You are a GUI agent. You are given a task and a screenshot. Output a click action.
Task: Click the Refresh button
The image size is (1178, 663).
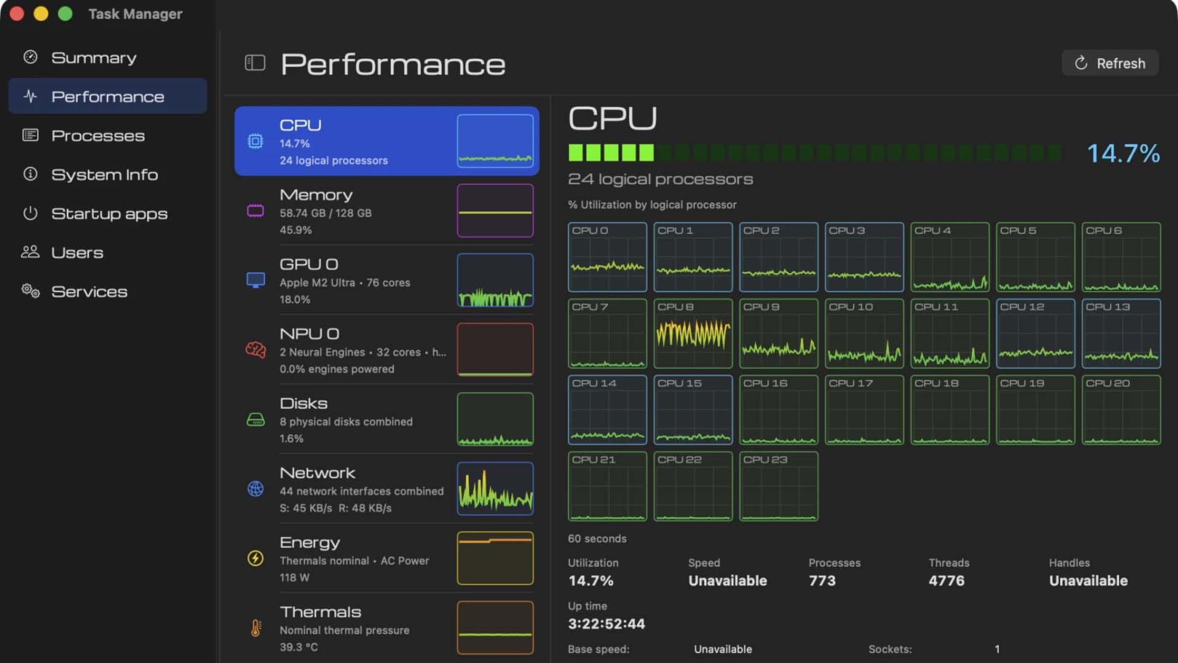click(1110, 63)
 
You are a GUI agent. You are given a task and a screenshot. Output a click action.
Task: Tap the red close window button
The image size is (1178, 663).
click(17, 14)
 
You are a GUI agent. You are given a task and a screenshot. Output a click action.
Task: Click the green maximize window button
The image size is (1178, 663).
click(65, 14)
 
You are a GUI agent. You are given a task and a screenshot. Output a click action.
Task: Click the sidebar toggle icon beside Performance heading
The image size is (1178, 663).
click(255, 63)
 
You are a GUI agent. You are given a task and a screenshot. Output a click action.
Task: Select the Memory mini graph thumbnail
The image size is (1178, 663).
click(495, 211)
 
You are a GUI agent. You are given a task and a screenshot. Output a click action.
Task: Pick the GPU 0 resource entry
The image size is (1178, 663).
click(387, 280)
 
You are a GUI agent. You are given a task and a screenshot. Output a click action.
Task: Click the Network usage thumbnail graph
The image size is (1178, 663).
click(495, 489)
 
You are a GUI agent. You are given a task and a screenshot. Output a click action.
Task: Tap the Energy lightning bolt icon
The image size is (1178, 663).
click(255, 558)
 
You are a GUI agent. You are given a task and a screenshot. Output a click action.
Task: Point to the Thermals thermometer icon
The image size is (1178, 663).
click(256, 628)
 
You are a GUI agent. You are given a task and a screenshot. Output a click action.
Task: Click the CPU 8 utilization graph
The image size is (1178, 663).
click(693, 333)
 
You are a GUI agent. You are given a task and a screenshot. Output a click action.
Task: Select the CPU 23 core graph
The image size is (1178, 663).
click(779, 486)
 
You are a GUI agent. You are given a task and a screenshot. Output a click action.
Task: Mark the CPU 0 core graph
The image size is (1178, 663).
click(607, 257)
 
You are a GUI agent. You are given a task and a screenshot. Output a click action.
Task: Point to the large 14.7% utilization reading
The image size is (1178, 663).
click(1123, 153)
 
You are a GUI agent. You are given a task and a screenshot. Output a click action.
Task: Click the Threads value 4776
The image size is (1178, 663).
click(947, 581)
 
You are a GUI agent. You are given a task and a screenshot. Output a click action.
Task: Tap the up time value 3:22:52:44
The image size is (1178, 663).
click(607, 624)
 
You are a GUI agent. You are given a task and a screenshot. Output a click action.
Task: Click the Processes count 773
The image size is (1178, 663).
click(822, 581)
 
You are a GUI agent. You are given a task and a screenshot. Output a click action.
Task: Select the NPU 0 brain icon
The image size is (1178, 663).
click(255, 350)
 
